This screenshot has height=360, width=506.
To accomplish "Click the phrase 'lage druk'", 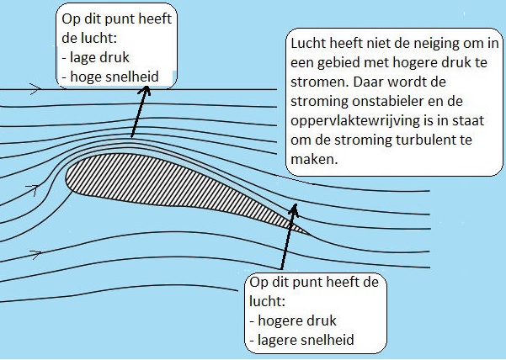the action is [x=99, y=57].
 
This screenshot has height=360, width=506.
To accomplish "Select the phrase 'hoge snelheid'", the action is [x=115, y=77].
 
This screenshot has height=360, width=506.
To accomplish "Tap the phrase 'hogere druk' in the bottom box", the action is [x=297, y=321].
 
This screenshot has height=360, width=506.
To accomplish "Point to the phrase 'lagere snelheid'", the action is [x=306, y=341].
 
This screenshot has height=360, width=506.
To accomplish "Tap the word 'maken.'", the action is [x=314, y=159].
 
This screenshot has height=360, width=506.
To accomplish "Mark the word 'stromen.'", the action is [x=320, y=82].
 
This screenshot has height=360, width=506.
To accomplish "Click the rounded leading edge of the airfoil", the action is [x=67, y=177].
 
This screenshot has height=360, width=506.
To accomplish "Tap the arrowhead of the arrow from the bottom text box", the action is [x=293, y=209].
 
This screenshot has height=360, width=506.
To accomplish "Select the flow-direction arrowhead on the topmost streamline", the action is [x=36, y=88].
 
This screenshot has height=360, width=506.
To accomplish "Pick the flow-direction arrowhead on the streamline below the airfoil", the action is [x=36, y=254].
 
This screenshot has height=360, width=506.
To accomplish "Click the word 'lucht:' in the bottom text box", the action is [x=268, y=302].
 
